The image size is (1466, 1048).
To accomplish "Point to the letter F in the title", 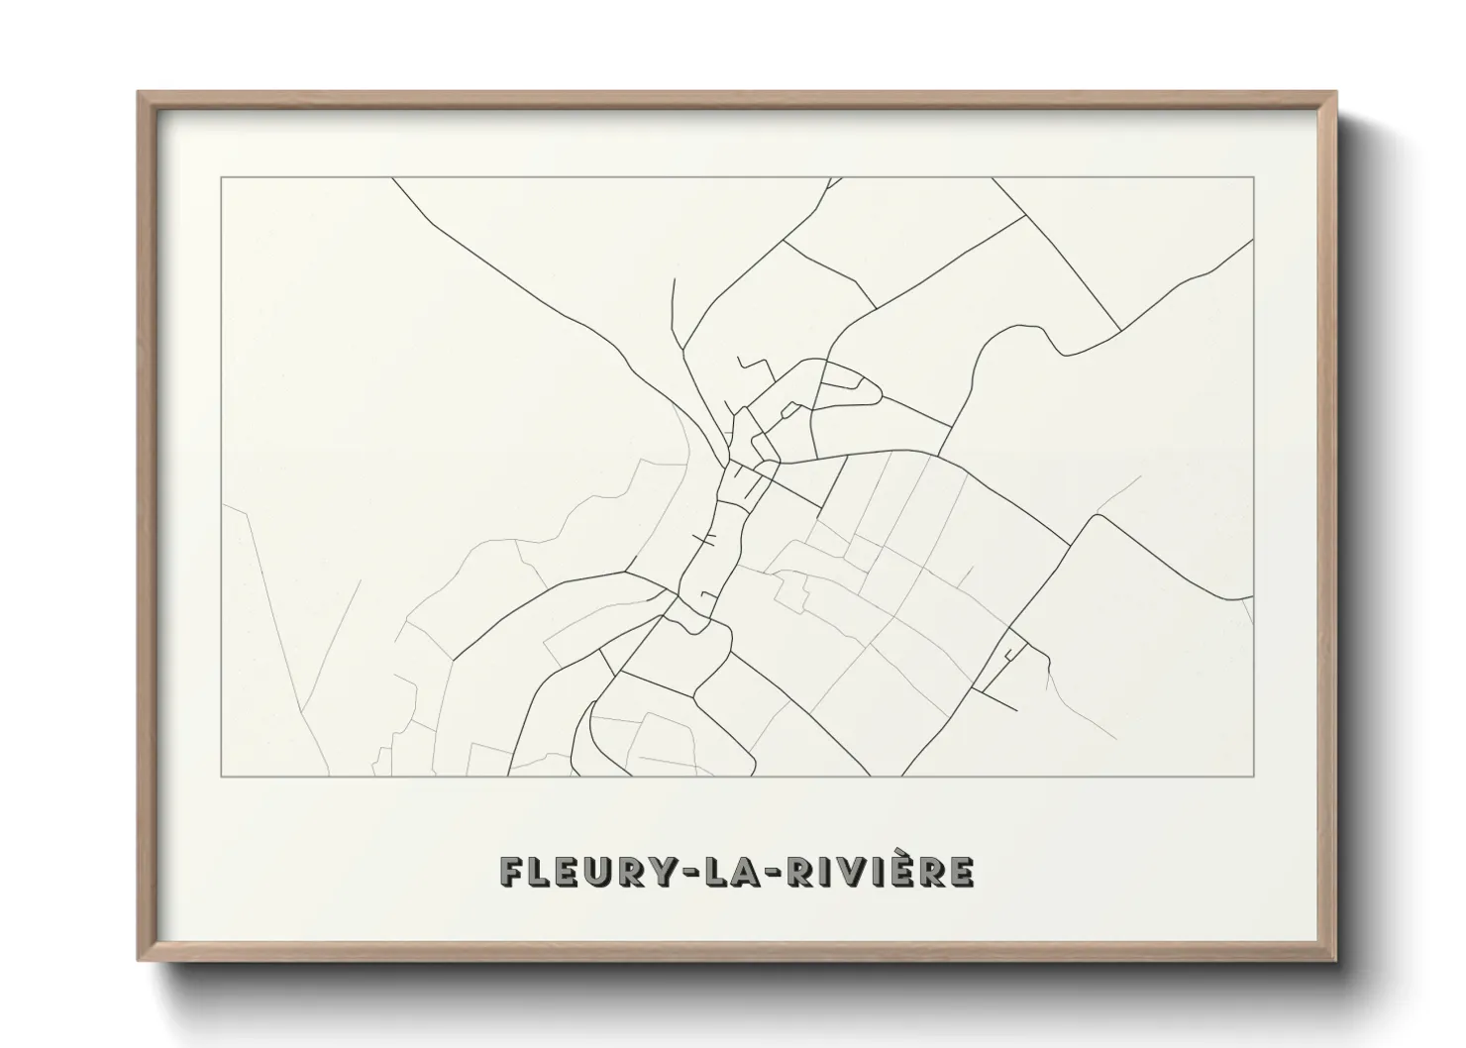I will [511, 873].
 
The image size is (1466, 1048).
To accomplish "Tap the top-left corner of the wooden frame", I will [139, 92].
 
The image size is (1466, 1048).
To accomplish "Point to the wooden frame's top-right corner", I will [1335, 92].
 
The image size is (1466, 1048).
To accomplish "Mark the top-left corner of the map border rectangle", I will [222, 178].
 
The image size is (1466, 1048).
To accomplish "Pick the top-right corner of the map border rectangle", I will [1254, 178].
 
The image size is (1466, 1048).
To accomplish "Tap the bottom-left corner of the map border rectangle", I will [222, 777].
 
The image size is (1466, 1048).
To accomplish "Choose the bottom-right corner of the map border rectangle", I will [1254, 777].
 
